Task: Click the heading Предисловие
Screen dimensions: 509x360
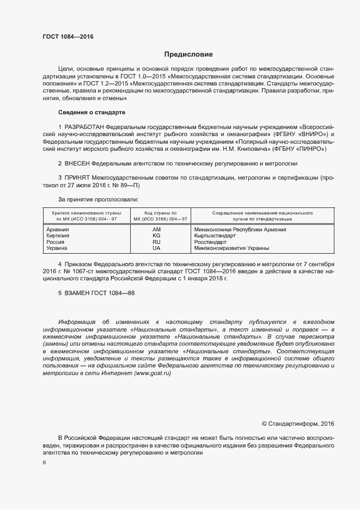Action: click(188, 54)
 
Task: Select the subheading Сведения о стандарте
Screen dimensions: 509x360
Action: click(91, 112)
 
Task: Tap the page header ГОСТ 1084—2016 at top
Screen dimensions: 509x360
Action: click(68, 36)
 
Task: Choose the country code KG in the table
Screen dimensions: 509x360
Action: click(156, 236)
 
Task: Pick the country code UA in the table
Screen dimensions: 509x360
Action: click(156, 248)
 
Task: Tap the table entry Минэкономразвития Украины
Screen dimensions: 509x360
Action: click(231, 248)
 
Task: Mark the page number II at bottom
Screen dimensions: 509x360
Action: click(45, 462)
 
